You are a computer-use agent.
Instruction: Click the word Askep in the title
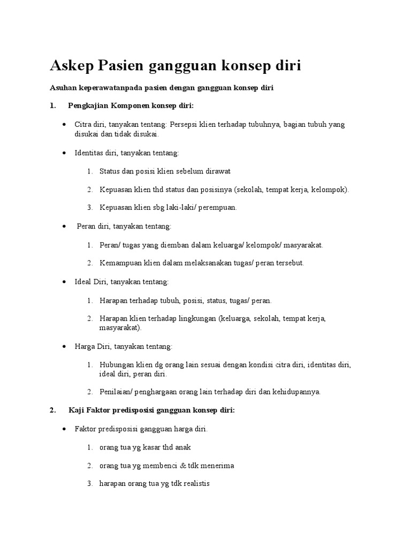point(72,66)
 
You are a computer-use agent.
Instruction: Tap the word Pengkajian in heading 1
point(88,105)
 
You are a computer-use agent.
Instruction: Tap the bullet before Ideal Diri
point(64,281)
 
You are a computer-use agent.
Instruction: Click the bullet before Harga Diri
point(64,346)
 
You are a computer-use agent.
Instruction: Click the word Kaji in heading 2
point(77,410)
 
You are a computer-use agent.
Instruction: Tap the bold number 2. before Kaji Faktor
point(52,410)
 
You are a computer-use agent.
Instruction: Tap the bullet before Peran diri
point(64,226)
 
